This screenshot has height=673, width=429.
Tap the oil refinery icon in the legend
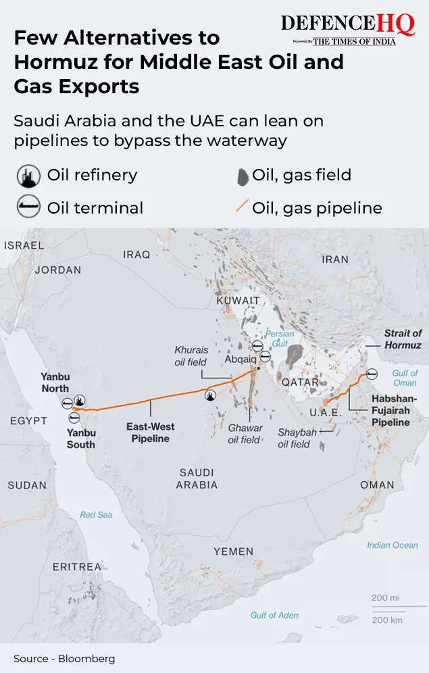(28, 176)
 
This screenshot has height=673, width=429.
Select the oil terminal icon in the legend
(28, 207)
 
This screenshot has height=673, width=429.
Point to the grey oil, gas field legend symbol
(242, 176)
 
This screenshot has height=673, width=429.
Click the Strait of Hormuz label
(403, 339)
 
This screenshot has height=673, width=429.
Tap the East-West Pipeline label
(150, 432)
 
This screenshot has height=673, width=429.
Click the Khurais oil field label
(191, 356)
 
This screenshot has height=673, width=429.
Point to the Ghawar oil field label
(244, 434)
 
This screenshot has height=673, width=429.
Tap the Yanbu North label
(55, 382)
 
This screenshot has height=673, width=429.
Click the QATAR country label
(300, 382)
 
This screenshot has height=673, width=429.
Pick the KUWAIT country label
(238, 300)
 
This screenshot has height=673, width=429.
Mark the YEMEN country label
(233, 551)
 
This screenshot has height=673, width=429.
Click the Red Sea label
(96, 515)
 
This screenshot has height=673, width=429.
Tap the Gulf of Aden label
(274, 615)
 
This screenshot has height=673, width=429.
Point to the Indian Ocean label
(393, 545)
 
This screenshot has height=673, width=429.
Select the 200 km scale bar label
(386, 620)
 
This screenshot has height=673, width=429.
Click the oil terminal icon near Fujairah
(372, 374)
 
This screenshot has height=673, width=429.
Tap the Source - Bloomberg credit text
(64, 658)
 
